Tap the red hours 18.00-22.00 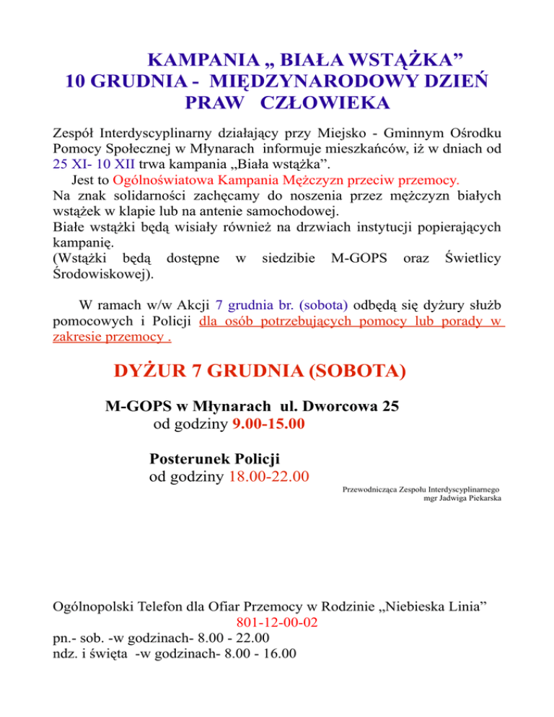pos(269,475)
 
